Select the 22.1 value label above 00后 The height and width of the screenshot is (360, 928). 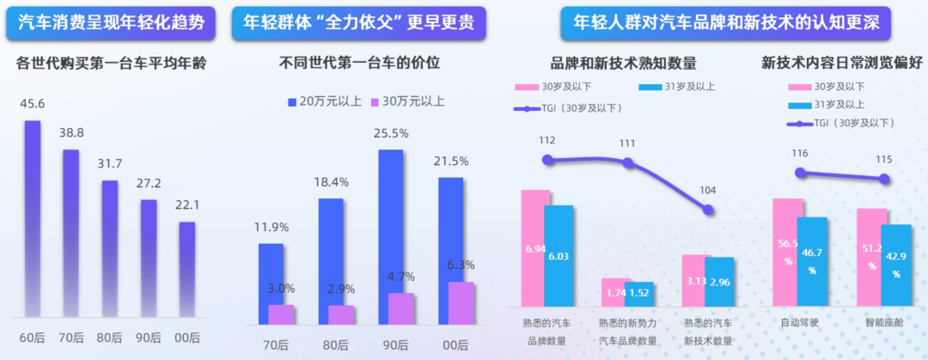[187, 206]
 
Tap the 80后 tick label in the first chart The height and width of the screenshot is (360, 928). [110, 336]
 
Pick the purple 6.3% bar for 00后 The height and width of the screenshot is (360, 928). [461, 303]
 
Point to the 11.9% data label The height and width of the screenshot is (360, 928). [271, 228]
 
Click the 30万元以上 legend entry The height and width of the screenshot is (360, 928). [407, 101]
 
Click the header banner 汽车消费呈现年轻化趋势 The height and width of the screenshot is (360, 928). [111, 22]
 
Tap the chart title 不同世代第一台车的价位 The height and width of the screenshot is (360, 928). [360, 63]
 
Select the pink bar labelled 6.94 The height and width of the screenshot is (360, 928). [535, 247]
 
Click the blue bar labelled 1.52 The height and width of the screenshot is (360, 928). [639, 294]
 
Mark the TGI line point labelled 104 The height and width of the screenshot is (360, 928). [708, 210]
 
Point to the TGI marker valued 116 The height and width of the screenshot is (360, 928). [801, 172]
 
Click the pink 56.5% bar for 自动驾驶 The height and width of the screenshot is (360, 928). [787, 253]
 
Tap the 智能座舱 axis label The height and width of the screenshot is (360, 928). [884, 323]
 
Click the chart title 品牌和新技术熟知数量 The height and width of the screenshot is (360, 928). [623, 63]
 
